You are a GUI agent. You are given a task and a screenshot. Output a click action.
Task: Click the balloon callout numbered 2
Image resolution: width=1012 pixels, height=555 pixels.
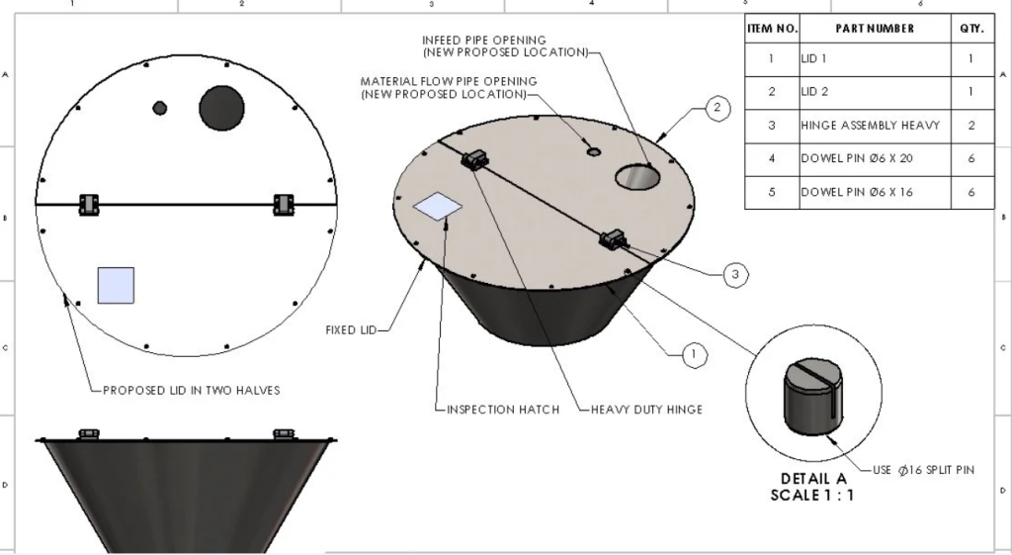718,107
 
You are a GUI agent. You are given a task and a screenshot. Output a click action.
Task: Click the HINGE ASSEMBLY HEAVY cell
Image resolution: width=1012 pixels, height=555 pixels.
870,126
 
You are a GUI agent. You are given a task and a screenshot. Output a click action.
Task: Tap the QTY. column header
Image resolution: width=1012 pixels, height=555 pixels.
970,29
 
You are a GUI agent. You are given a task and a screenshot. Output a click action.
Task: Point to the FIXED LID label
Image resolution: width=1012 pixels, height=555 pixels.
351,330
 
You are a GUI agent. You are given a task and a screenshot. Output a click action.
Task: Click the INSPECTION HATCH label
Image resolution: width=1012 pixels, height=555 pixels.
503,409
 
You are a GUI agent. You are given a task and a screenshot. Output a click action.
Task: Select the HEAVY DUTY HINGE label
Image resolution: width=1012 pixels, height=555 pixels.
646,409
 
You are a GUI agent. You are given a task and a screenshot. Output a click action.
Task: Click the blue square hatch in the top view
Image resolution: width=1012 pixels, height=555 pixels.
116,285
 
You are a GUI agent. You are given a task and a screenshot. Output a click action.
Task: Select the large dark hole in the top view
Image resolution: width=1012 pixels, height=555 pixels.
221,108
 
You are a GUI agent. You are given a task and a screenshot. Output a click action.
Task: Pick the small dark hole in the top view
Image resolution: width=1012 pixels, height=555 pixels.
159,106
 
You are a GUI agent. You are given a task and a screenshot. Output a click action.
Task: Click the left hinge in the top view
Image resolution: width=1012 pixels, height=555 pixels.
89,204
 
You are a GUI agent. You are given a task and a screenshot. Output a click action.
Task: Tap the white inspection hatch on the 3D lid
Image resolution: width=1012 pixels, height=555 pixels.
438,206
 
